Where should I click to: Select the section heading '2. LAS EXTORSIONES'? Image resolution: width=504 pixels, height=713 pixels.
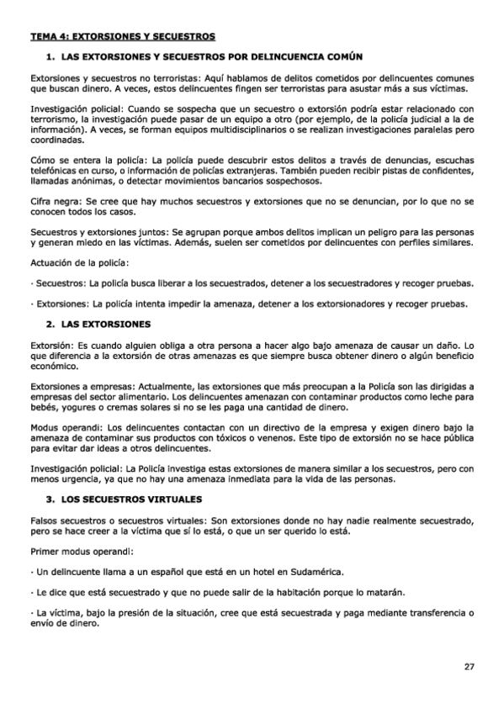[x=98, y=324]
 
